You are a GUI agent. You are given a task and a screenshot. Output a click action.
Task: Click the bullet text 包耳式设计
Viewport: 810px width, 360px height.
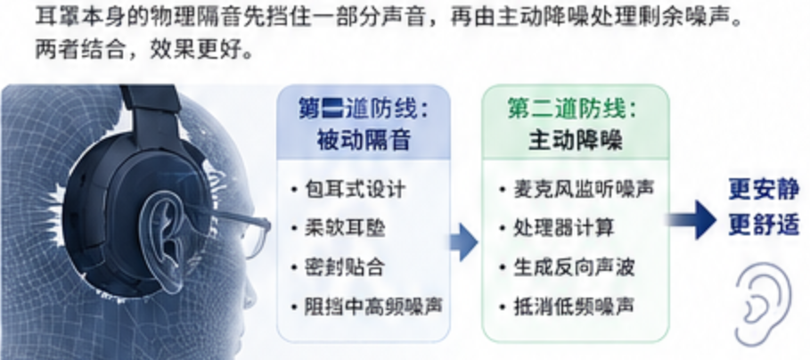355,189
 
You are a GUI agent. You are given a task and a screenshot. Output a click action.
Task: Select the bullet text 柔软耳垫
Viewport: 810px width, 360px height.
345,228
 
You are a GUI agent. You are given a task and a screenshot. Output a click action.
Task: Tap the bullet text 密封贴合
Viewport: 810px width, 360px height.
345,267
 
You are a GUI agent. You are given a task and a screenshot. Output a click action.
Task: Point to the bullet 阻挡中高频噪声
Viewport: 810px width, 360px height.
374,307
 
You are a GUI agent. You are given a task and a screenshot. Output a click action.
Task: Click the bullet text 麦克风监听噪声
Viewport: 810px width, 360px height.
584,189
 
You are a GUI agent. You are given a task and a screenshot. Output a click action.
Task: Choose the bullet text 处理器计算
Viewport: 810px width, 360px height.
563,228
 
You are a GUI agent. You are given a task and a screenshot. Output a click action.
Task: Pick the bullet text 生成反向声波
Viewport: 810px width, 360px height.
573,267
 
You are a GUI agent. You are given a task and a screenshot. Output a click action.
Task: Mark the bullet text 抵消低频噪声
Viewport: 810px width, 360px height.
573,307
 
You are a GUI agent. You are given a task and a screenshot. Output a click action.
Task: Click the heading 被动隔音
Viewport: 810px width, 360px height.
364,140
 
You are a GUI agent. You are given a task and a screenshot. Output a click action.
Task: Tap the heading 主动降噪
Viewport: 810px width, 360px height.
576,140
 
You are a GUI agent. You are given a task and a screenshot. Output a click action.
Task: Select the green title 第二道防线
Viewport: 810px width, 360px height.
567,109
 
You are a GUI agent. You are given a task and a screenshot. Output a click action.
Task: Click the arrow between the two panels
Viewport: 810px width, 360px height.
463,242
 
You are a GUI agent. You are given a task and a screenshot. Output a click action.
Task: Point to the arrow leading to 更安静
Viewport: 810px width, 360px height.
691,219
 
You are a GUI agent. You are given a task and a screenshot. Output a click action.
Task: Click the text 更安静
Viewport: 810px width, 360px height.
764,190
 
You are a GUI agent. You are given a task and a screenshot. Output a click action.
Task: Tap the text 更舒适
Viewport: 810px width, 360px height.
764,225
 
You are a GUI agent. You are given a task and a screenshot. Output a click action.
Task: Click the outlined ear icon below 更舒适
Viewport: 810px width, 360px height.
763,304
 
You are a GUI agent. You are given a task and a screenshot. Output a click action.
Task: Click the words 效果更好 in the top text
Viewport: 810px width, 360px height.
201,49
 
